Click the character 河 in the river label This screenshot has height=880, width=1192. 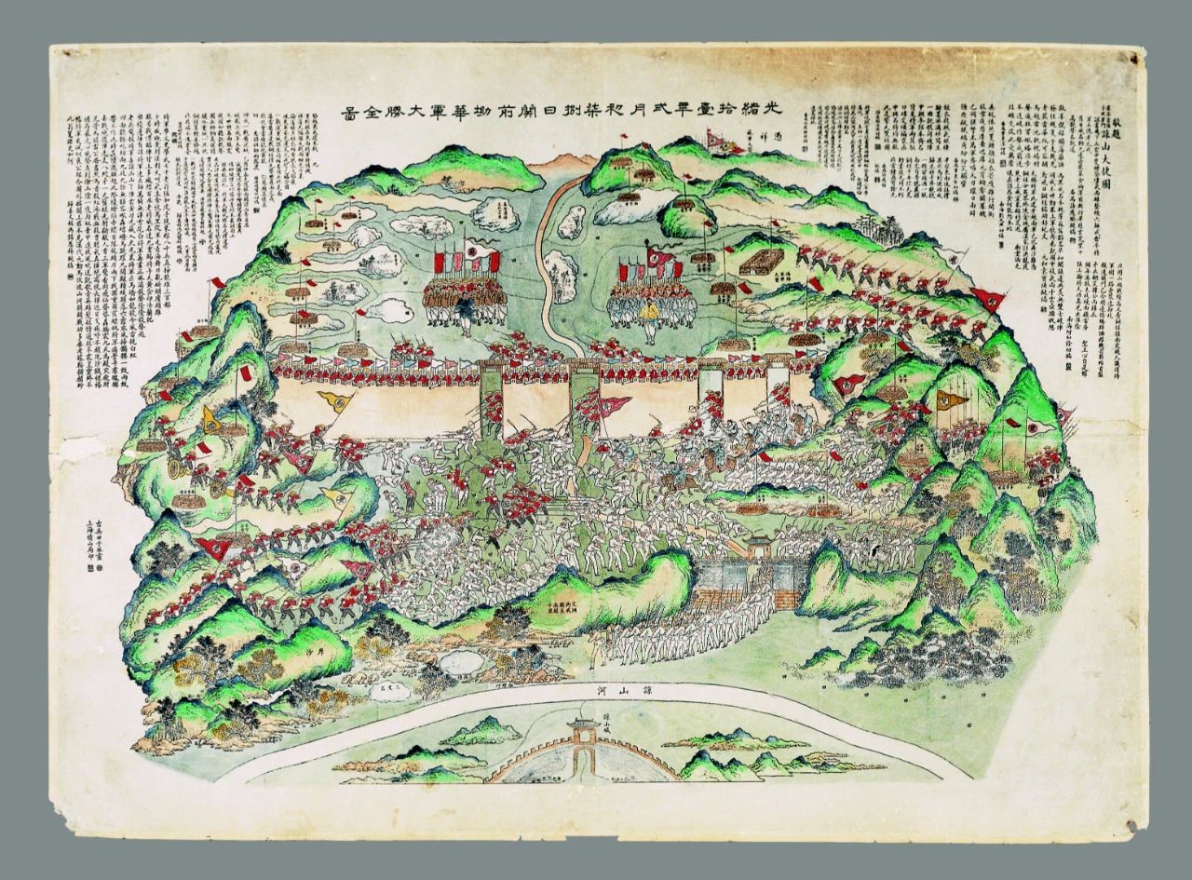click(603, 690)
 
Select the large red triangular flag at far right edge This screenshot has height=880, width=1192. click(989, 299)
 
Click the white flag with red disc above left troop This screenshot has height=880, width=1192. click(474, 251)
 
